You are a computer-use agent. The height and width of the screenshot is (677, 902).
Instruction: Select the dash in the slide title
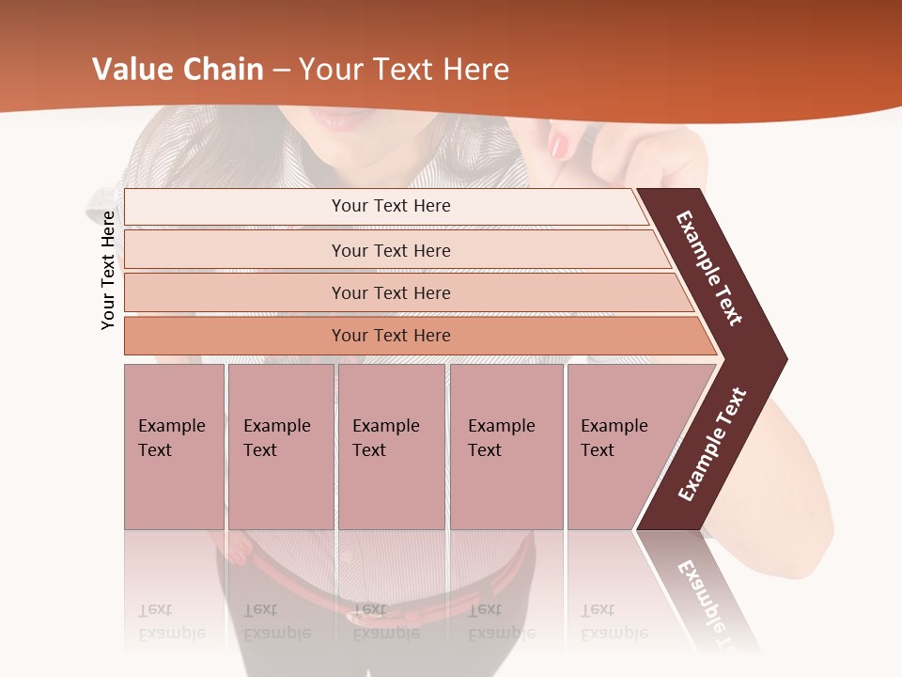click(x=282, y=71)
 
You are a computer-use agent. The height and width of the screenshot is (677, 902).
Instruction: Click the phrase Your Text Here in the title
click(x=404, y=70)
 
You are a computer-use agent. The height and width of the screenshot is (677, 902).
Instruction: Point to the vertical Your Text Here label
click(x=108, y=270)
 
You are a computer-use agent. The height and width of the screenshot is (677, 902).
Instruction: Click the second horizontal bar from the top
click(x=390, y=250)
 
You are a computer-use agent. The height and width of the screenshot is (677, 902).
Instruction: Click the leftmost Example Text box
click(x=174, y=447)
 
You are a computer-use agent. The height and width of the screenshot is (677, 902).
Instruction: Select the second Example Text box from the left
click(x=280, y=447)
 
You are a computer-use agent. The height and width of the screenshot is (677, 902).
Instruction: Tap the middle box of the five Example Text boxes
click(x=391, y=447)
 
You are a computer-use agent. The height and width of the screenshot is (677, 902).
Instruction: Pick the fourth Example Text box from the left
click(x=506, y=447)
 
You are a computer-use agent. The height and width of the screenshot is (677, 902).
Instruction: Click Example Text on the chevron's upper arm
click(x=709, y=268)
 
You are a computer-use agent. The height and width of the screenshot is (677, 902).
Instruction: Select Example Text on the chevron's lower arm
click(x=711, y=445)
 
